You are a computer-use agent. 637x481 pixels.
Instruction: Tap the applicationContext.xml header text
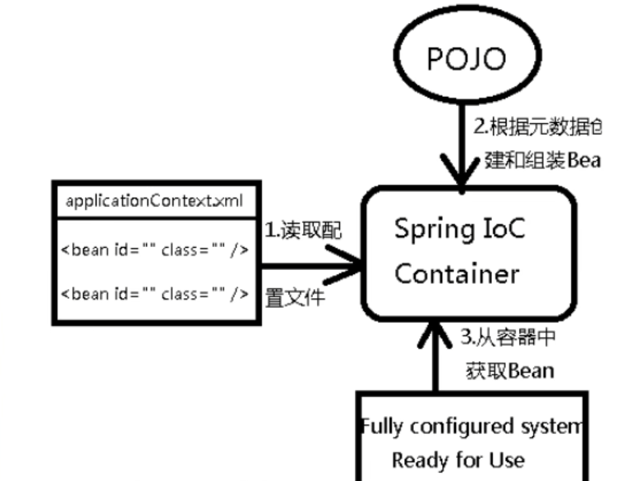[154, 201]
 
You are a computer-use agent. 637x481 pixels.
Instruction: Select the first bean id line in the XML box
[155, 250]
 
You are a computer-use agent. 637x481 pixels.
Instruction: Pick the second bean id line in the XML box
[155, 294]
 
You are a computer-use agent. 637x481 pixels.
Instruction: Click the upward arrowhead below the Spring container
[434, 334]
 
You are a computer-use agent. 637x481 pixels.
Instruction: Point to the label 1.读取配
[302, 231]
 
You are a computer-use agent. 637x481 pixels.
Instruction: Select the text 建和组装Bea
[541, 160]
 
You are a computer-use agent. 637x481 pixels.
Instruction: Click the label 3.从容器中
[507, 338]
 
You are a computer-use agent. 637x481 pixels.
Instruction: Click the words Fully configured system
[471, 427]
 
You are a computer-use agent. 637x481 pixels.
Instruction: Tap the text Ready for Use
[458, 459]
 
